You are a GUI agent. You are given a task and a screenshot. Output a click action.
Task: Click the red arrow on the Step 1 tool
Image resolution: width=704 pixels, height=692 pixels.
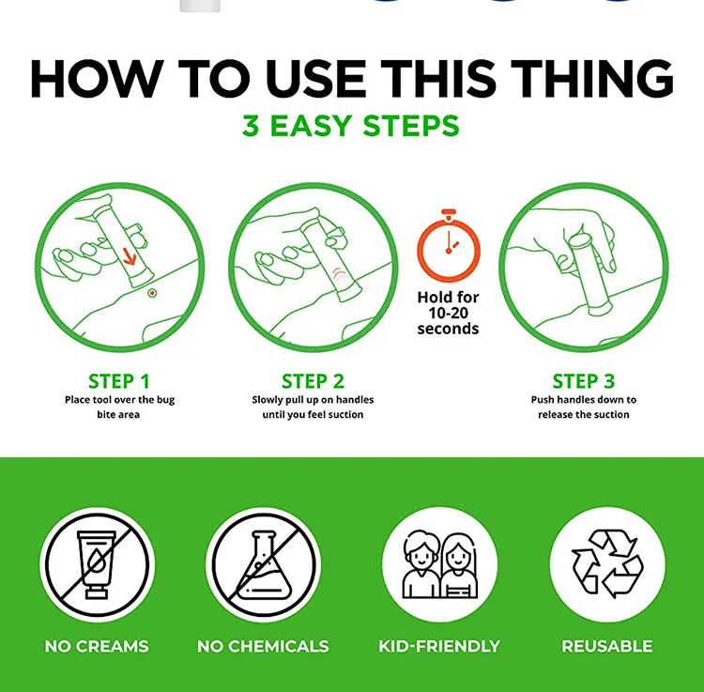pos(130,257)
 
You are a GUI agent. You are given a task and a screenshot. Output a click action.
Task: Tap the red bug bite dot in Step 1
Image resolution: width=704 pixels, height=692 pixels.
pos(152,293)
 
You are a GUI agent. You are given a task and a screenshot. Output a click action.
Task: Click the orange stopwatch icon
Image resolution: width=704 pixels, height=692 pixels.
pos(449,246)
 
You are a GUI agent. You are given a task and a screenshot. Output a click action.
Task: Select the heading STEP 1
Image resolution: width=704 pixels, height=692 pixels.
pos(119,382)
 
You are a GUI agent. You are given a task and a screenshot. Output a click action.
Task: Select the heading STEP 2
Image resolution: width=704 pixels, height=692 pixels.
pos(313,382)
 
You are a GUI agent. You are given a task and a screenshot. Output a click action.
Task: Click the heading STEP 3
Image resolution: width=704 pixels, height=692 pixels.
pos(583,382)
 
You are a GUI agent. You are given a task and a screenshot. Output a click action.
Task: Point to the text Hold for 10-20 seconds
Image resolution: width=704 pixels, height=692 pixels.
pos(448,313)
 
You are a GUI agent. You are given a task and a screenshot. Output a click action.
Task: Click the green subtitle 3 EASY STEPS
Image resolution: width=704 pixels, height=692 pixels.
pos(351,125)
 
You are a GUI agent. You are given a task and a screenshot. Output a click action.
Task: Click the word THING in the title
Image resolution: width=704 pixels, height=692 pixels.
pos(591,78)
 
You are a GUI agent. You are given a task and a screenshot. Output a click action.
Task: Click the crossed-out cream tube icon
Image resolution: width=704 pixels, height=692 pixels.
pos(97,564)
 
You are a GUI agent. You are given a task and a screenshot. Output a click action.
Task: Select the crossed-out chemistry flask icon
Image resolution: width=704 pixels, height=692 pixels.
pos(264,564)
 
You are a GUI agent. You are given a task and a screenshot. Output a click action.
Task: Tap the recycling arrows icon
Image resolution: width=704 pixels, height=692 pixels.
pos(607,564)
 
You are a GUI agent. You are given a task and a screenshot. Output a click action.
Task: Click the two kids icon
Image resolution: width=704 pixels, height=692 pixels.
pos(440,564)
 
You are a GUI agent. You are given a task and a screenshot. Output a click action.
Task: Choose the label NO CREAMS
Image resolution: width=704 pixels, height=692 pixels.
pos(97,646)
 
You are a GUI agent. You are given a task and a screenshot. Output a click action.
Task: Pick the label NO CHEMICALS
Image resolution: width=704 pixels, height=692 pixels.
pos(263,646)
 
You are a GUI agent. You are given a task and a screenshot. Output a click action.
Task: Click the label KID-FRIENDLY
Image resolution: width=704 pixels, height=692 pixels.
pos(439,646)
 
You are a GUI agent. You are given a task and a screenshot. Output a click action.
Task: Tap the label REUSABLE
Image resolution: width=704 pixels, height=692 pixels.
pos(607,646)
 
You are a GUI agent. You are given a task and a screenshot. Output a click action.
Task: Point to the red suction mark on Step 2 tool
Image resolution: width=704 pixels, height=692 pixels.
pos(340,275)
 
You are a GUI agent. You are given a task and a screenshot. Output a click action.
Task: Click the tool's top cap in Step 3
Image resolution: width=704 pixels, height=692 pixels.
pos(579,240)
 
